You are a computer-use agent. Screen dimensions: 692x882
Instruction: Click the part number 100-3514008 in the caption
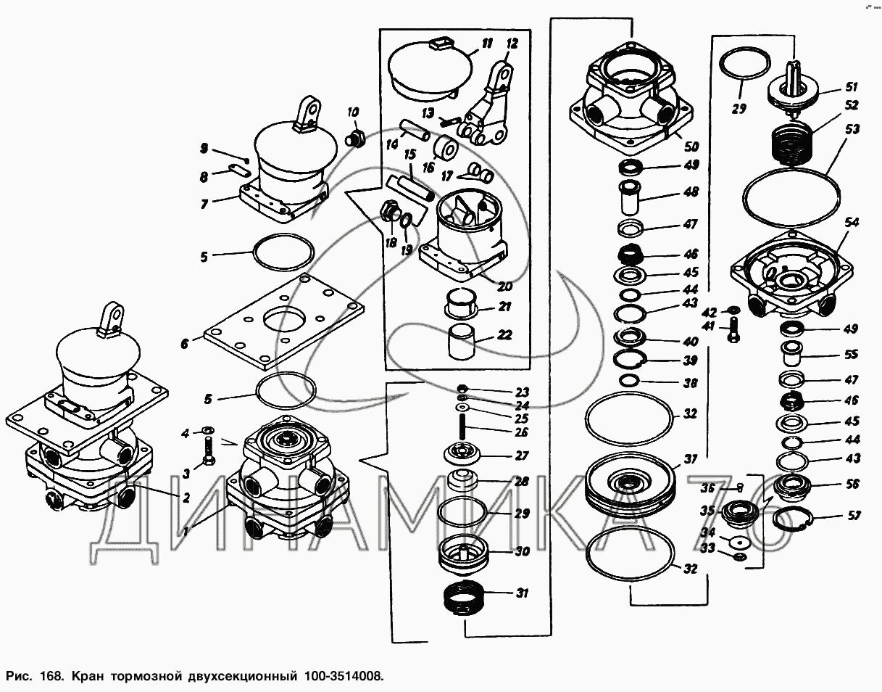(339, 676)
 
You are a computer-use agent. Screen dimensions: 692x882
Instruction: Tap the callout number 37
(690, 460)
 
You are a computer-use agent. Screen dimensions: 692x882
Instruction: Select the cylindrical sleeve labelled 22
(462, 342)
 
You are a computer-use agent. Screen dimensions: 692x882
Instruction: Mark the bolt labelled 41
(732, 333)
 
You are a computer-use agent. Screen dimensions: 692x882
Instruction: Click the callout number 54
(852, 223)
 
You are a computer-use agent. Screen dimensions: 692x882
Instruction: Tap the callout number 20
(504, 286)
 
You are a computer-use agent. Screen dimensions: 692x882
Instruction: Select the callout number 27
(523, 456)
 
